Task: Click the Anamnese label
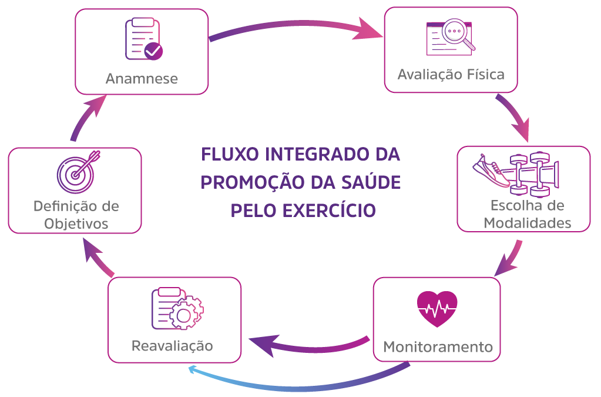(x=142, y=78)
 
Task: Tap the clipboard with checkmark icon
(x=143, y=39)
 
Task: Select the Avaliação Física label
(x=451, y=75)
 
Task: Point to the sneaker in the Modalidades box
(x=492, y=171)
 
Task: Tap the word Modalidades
(x=526, y=223)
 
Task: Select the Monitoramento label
(x=438, y=346)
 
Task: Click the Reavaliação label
(x=172, y=345)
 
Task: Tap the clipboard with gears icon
(x=177, y=308)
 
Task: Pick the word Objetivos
(x=75, y=224)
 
